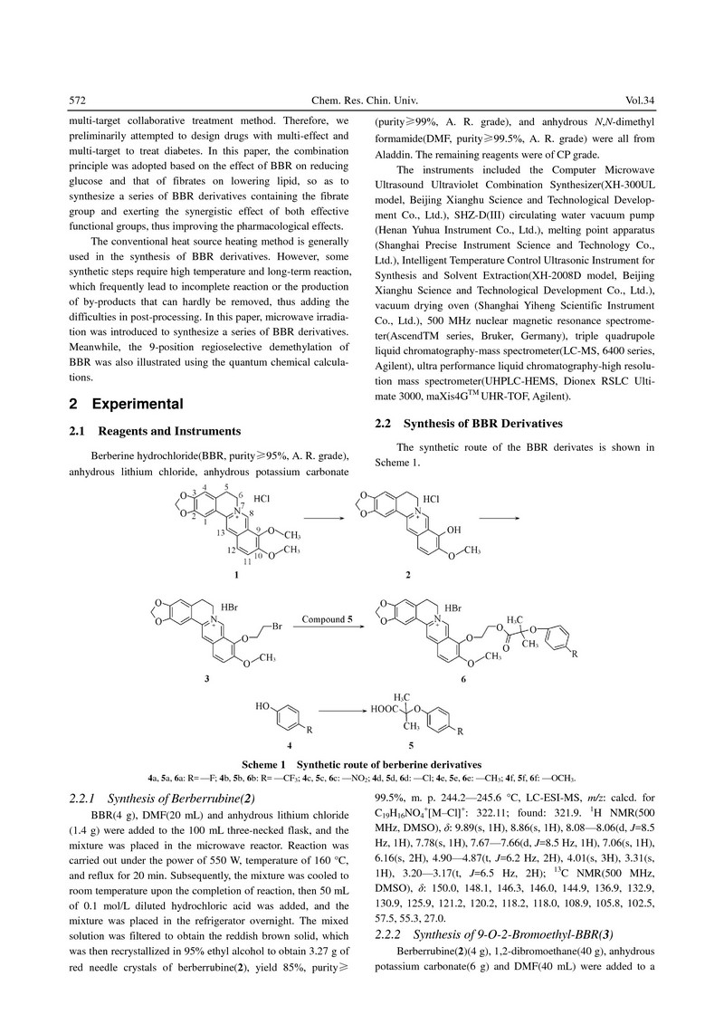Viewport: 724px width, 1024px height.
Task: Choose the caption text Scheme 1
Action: pyautogui.click(x=271, y=766)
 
